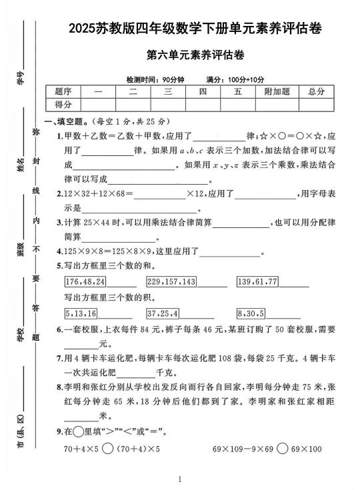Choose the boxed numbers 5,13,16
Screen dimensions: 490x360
pos(81,313)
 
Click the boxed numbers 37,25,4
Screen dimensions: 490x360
pos(163,313)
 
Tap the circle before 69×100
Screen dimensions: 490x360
pos(282,449)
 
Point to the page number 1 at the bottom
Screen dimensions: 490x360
pos(180,479)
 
